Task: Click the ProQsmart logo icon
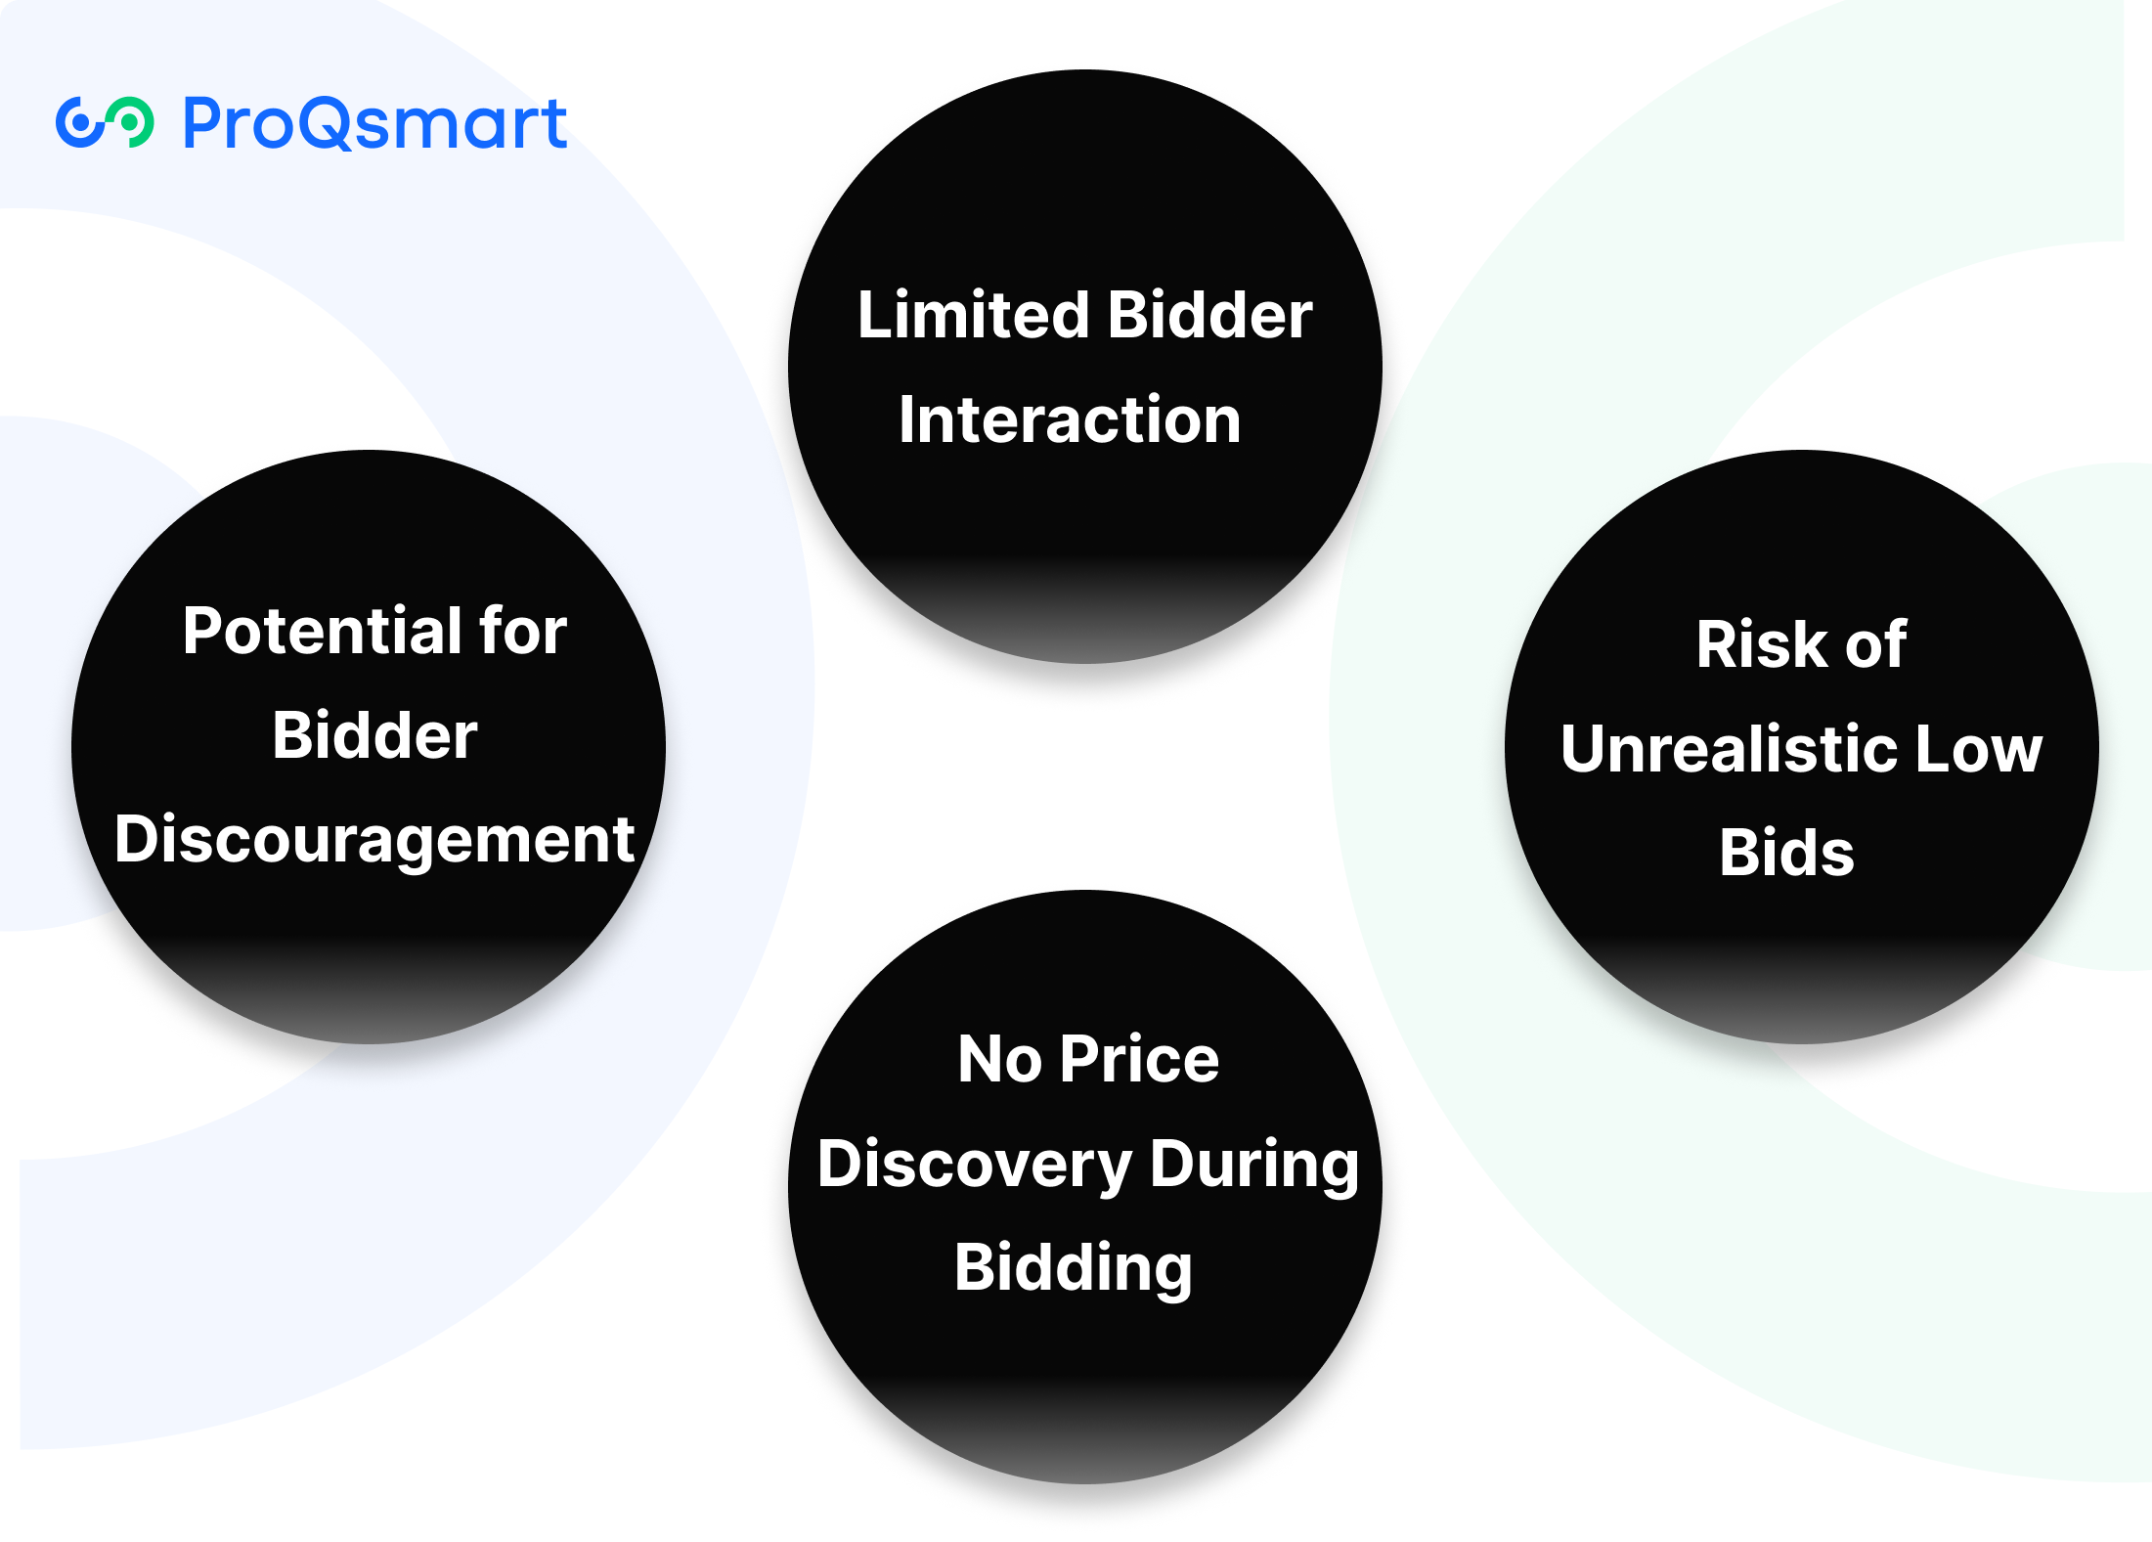coord(104,123)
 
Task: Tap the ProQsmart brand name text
coord(374,125)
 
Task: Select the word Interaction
coord(1070,420)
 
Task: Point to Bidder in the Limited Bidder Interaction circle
coord(1210,316)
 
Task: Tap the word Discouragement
coord(374,840)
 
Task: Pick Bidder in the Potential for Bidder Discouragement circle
coord(374,735)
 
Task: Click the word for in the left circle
coord(522,632)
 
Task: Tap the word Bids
coord(1786,854)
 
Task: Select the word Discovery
coord(974,1166)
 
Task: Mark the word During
coord(1254,1166)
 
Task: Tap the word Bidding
coord(1073,1269)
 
